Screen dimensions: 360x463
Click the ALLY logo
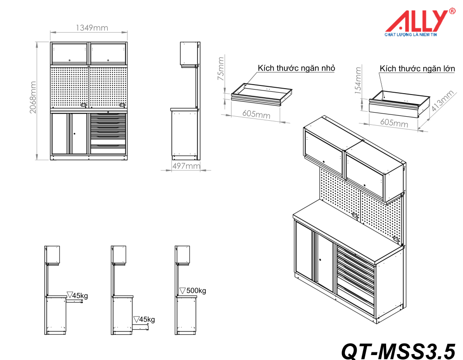[x=416, y=21]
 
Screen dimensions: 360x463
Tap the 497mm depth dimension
[x=186, y=166]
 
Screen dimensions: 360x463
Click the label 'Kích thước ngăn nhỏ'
[x=296, y=68]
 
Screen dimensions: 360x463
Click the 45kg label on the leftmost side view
[x=80, y=296]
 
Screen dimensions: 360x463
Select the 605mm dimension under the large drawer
[x=393, y=123]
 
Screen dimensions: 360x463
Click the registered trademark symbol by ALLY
[x=452, y=12]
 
